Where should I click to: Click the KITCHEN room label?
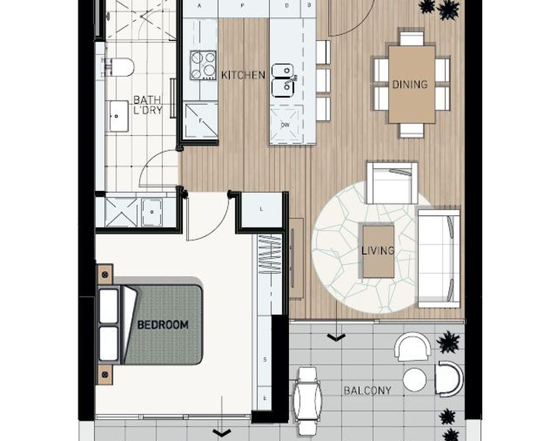(243, 75)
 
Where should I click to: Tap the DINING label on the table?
(410, 84)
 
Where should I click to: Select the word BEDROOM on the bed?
(163, 325)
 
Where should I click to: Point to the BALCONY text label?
(367, 391)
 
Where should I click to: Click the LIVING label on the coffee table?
(378, 251)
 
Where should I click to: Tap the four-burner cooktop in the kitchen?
(203, 65)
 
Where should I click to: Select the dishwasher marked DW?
(285, 125)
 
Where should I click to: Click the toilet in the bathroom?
(118, 67)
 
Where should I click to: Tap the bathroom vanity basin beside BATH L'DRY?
(119, 116)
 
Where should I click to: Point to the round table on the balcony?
(414, 380)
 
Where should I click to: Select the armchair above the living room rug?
(392, 183)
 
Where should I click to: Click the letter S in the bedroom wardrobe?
(265, 359)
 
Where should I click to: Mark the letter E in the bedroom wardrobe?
(265, 398)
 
